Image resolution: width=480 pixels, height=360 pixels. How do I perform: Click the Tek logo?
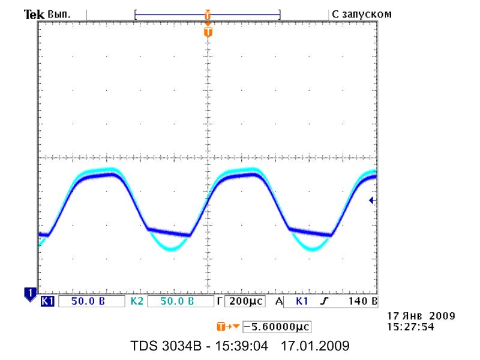coord(34,14)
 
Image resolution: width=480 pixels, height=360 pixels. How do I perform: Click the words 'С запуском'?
coord(362,14)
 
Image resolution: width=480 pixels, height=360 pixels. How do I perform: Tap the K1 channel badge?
coord(47,301)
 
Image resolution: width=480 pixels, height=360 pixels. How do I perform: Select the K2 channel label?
coord(137,301)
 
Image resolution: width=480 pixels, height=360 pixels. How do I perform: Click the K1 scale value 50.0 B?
coord(88,301)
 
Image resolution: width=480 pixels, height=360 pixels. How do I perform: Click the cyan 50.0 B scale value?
coord(177,301)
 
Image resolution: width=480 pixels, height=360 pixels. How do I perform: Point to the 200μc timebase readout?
coord(246,301)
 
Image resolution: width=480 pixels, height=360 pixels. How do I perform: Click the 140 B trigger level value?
coord(363,301)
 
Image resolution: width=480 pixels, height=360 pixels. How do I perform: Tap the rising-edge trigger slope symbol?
coord(324,301)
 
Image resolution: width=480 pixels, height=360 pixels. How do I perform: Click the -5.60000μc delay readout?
coord(277,326)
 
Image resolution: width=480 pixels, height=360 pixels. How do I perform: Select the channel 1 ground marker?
coord(30,294)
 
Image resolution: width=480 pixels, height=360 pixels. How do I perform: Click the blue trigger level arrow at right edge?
coord(372,200)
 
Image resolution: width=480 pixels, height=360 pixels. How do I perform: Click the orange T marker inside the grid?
coord(208,32)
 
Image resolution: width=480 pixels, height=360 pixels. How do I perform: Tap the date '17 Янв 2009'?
coord(421,316)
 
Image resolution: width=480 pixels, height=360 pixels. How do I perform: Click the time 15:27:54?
coord(410,326)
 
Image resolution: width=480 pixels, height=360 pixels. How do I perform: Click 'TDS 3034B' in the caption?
coord(166,346)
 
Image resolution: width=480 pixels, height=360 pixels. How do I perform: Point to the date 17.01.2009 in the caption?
coord(315,346)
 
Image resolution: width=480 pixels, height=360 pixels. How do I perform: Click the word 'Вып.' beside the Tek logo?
coord(59,14)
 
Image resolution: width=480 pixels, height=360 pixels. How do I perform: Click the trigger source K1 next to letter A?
coord(302,301)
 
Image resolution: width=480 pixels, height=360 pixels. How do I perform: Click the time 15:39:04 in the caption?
coord(241,346)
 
